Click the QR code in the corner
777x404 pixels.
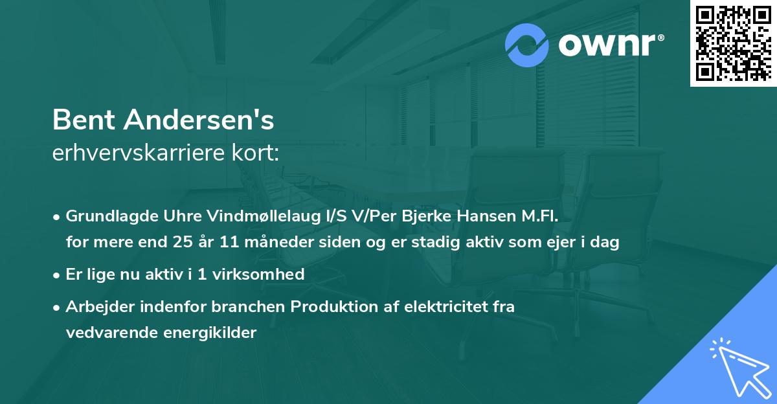[x=733, y=43]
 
